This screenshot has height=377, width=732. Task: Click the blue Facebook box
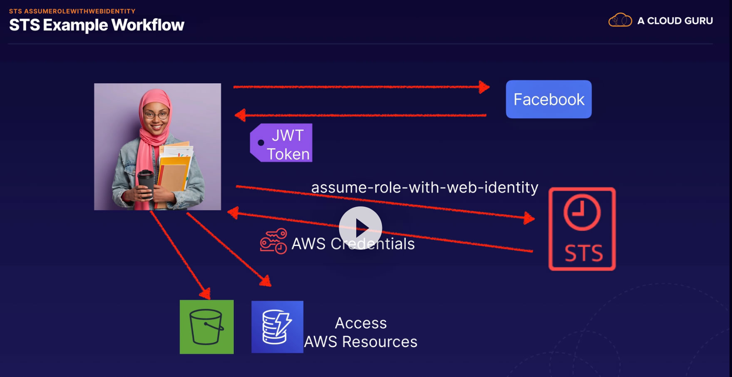click(x=548, y=99)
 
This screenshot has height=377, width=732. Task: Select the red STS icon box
click(x=582, y=229)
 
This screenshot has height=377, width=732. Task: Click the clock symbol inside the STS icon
click(x=582, y=212)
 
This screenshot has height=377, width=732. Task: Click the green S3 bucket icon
click(x=206, y=327)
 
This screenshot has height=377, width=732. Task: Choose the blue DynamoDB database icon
click(x=277, y=327)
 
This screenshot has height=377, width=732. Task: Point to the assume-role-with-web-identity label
click(x=424, y=187)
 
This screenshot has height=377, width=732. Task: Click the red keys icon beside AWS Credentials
click(x=273, y=241)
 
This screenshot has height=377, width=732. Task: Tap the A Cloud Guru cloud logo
click(x=620, y=20)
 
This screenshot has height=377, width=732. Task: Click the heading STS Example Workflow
click(x=97, y=25)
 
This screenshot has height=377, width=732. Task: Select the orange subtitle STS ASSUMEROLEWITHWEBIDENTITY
click(x=72, y=11)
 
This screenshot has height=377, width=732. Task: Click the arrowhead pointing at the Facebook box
click(x=484, y=87)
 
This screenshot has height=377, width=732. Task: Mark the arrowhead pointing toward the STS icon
click(x=529, y=218)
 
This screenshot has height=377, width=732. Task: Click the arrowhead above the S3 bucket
click(x=205, y=293)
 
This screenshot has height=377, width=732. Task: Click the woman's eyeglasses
click(x=156, y=115)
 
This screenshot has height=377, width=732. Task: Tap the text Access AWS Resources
click(x=360, y=332)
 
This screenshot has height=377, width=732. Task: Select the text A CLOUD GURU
click(x=675, y=21)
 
